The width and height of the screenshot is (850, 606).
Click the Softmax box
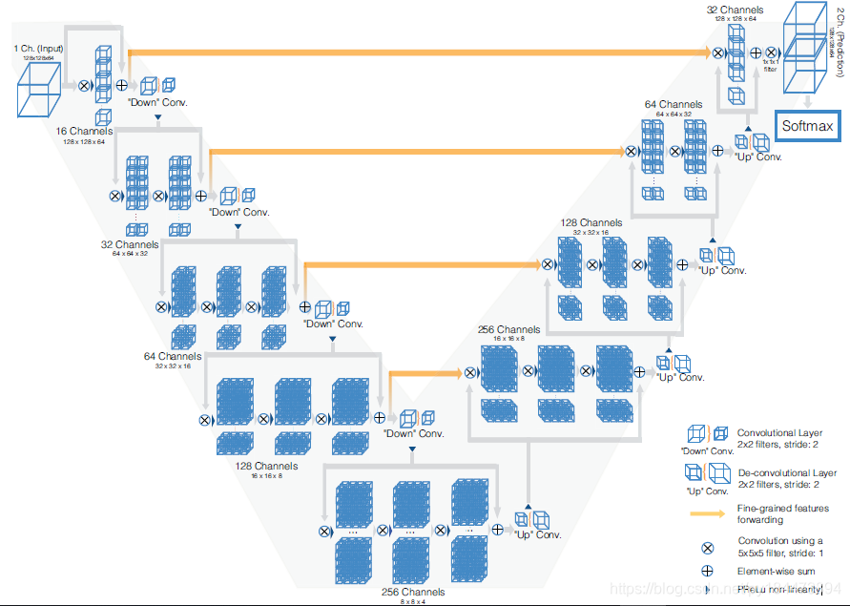point(807,127)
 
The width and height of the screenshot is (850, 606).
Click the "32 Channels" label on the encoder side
point(130,244)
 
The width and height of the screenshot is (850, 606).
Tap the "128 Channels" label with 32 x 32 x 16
point(592,222)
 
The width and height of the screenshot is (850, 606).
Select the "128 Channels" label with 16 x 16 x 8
point(266,466)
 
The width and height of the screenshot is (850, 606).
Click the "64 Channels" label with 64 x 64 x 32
point(674,104)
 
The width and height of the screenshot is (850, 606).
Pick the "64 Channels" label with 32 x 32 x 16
point(174,356)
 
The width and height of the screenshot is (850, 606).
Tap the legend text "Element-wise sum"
point(776,571)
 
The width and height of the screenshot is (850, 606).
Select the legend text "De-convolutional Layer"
point(787,472)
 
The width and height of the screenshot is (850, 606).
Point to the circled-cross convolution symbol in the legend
point(708,547)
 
